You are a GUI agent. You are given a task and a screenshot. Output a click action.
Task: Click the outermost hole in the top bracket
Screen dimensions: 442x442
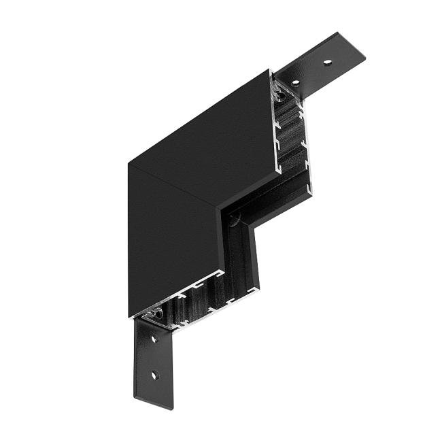coord(327,63)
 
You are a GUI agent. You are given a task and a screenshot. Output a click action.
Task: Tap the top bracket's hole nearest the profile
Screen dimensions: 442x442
coord(296,83)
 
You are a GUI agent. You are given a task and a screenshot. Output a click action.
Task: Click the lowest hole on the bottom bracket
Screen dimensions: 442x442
coord(154,375)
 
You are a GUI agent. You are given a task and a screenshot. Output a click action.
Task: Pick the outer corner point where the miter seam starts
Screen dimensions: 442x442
coord(129,164)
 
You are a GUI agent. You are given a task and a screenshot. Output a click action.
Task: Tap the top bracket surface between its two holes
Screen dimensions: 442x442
coord(312,73)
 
